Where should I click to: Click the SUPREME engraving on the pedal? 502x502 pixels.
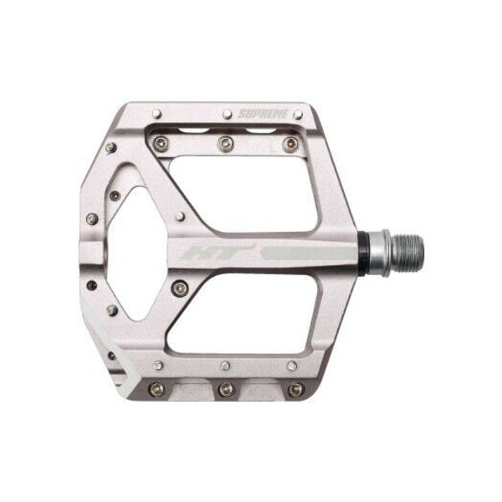click(264, 114)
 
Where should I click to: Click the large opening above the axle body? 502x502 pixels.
click(243, 194)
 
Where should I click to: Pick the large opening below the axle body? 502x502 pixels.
click(243, 314)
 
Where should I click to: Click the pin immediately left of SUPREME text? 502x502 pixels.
click(228, 114)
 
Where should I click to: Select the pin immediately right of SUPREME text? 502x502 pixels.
click(298, 114)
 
